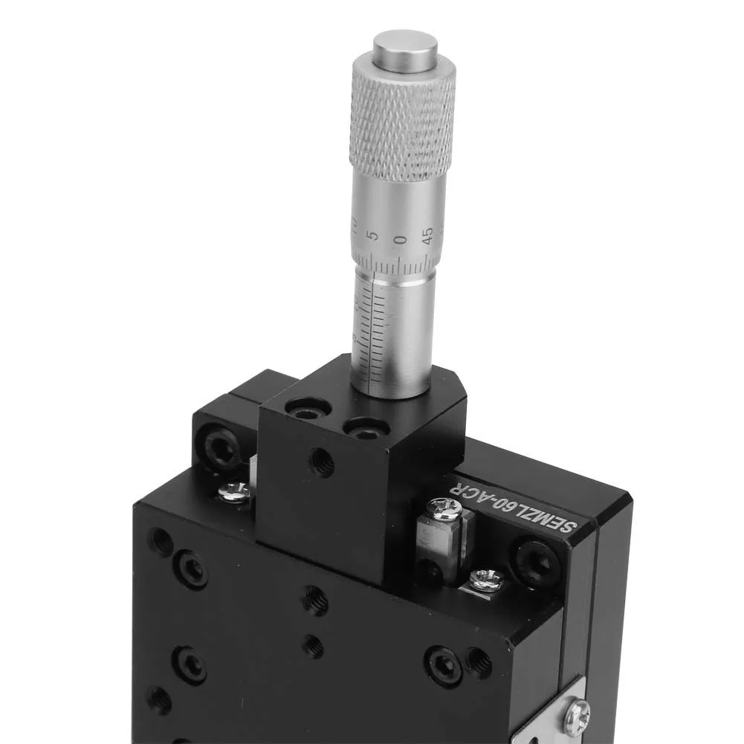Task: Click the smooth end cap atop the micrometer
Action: (x=405, y=48)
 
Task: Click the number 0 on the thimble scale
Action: (x=401, y=239)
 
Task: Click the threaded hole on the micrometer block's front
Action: (x=322, y=462)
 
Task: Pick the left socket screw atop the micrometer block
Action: (x=308, y=407)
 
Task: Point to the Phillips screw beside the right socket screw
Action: (x=487, y=577)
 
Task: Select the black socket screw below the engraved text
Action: (x=535, y=560)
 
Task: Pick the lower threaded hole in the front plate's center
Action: (x=314, y=647)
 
